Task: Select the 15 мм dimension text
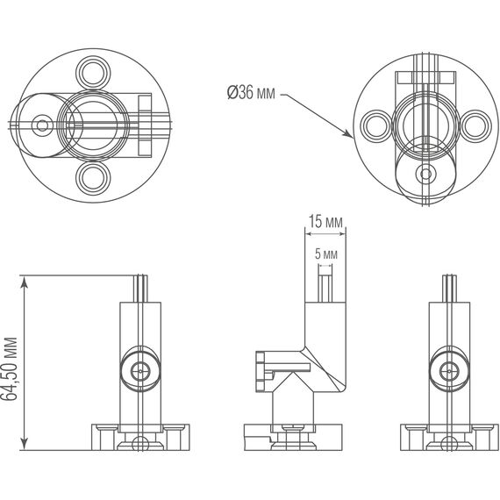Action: click(325, 224)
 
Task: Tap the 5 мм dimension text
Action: click(325, 254)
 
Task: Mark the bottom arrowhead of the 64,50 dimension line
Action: click(26, 443)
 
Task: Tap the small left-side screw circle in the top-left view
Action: click(41, 125)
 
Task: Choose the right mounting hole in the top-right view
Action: click(475, 125)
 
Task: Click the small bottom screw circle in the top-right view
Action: click(426, 174)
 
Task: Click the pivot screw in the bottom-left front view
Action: click(139, 372)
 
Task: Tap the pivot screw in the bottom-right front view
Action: click(449, 372)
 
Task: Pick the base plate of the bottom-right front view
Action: click(449, 436)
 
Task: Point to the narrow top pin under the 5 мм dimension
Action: click(325, 284)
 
